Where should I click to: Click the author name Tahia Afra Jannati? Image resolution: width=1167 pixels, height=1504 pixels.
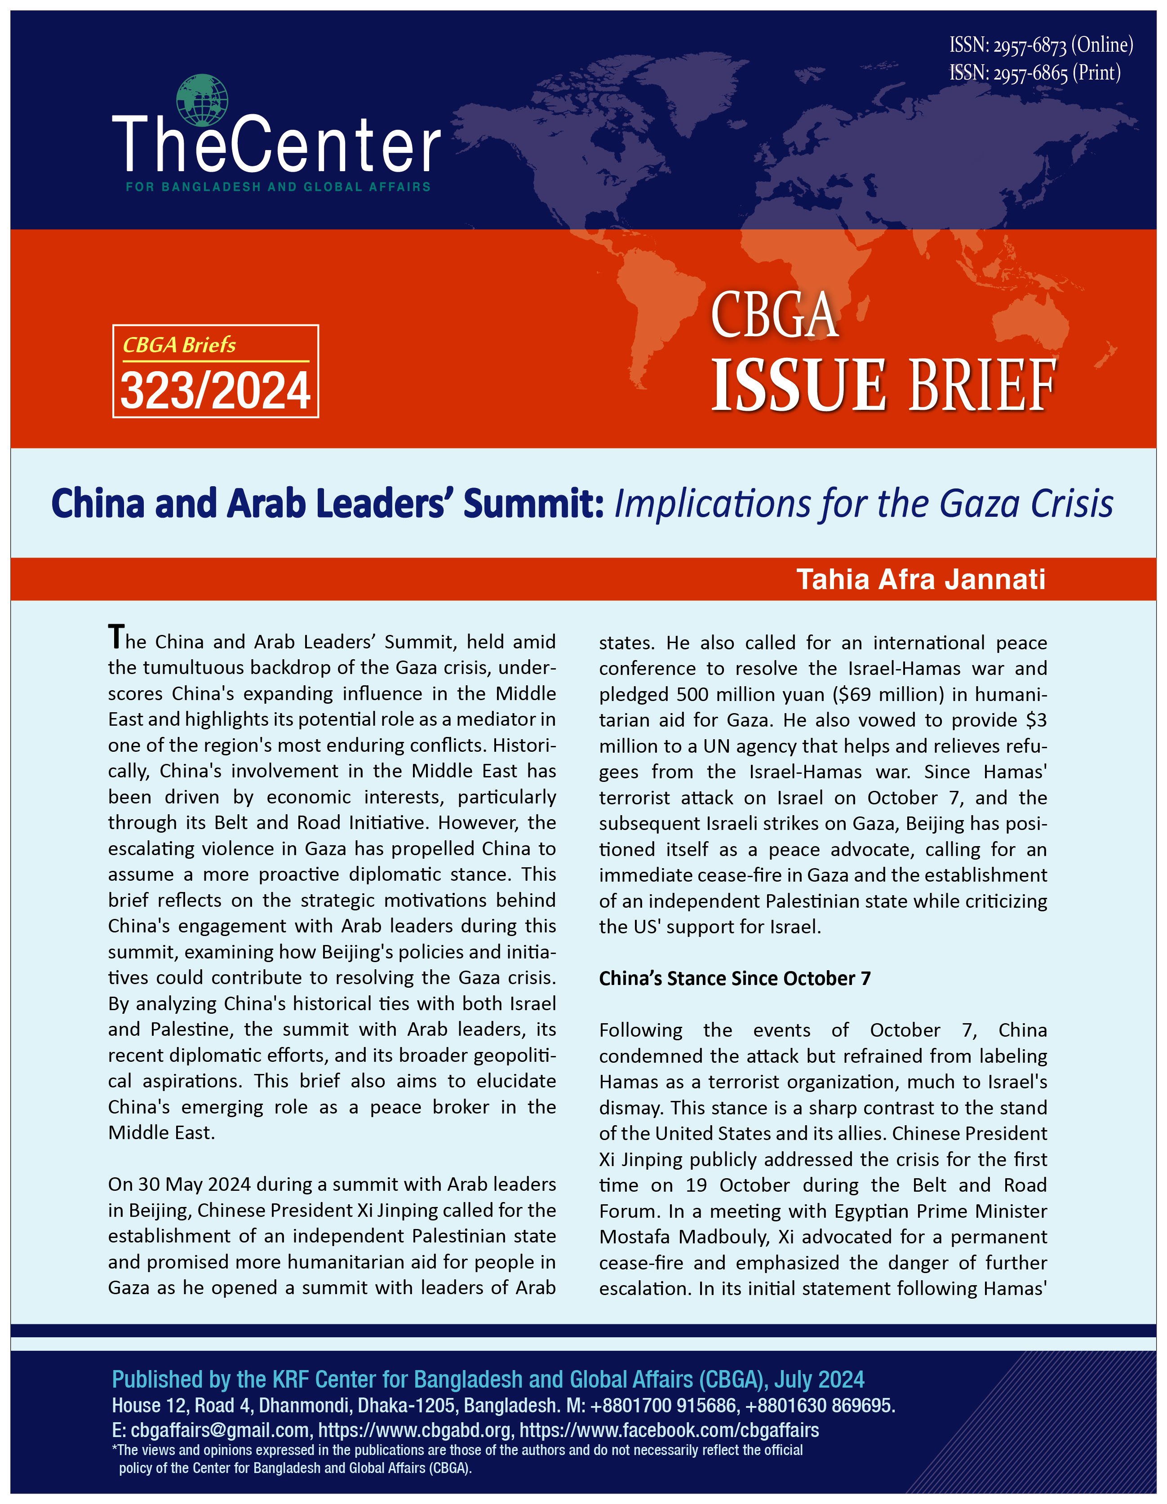pyautogui.click(x=920, y=579)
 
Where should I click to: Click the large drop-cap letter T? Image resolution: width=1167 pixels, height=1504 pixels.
pyautogui.click(x=116, y=637)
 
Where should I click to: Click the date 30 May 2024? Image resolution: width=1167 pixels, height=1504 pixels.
pyautogui.click(x=187, y=1185)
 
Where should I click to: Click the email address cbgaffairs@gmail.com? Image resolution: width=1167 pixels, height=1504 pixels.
pyautogui.click(x=220, y=1430)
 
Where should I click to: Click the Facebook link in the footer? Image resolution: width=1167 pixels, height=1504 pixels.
pyautogui.click(x=669, y=1430)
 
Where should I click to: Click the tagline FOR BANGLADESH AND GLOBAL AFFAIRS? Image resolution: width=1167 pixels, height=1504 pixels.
pyautogui.click(x=278, y=186)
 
